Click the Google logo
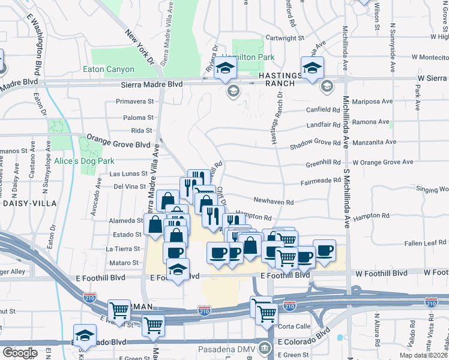tap(19, 353)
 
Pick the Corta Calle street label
tap(296, 326)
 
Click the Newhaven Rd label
tap(273, 202)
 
